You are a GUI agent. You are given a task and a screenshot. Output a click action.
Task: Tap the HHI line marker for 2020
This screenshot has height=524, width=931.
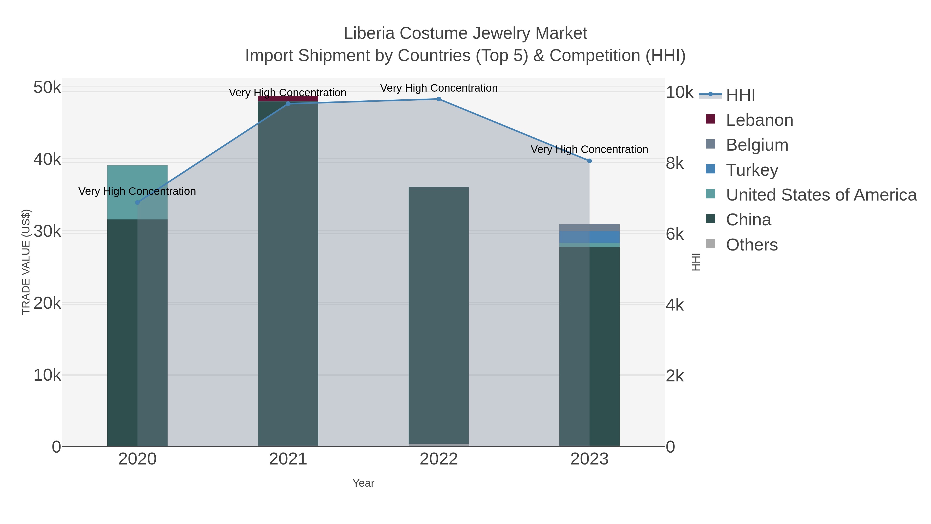point(137,203)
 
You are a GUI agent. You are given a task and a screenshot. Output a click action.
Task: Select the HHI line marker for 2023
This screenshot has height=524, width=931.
point(589,161)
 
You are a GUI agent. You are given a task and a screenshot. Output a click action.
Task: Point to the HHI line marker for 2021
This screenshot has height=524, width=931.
point(288,104)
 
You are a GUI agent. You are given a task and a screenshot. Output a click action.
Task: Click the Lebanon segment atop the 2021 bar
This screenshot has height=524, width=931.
point(288,99)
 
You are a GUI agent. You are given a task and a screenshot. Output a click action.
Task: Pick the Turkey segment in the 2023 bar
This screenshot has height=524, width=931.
point(589,237)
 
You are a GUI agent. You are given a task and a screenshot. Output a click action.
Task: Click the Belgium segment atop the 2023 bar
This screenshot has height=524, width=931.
point(589,227)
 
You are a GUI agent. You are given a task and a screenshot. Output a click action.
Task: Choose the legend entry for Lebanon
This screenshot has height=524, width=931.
point(759,120)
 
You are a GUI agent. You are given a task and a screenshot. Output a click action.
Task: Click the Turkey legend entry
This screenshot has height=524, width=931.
point(752,170)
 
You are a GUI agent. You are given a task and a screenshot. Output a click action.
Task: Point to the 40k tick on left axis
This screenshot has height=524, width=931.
point(47,159)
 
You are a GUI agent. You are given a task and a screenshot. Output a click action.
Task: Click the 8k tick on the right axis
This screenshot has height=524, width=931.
point(675,164)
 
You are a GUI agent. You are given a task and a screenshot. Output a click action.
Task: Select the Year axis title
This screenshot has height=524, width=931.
point(363,483)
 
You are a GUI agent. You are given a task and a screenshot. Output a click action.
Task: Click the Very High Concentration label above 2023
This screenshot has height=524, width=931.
point(589,149)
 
